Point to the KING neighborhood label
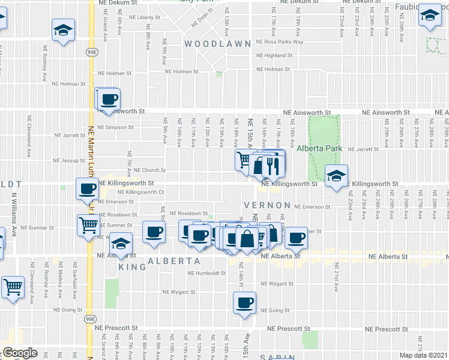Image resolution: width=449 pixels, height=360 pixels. pos(132,266)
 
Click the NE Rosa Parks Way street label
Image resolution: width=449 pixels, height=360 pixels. pos(279,42)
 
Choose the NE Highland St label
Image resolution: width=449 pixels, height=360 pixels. pos(274,55)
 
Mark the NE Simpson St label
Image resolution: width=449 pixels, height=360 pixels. pos(116,127)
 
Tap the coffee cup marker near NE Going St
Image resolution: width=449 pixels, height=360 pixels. pos(244,304)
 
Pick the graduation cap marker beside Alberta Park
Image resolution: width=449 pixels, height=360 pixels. pos(336,176)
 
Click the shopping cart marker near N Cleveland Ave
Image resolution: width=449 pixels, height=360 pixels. pos(13,287)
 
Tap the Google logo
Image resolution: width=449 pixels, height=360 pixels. pos(20,353)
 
